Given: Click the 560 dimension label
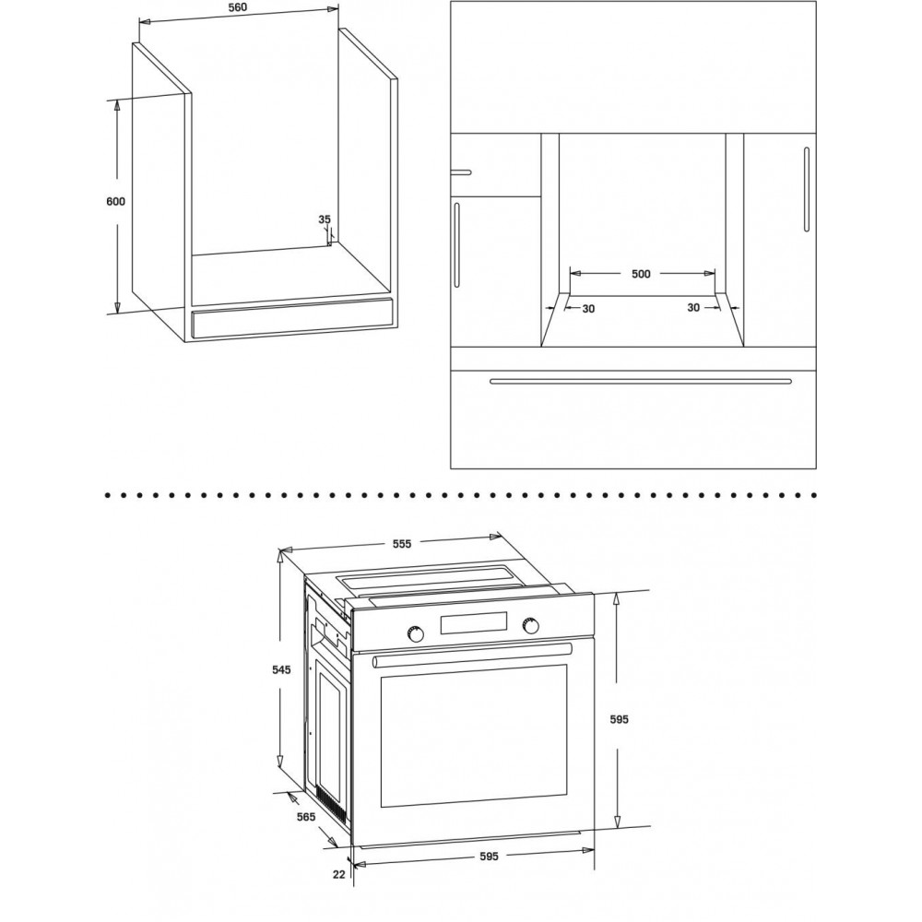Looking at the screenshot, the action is [x=238, y=7].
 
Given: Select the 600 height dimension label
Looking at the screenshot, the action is [x=116, y=202].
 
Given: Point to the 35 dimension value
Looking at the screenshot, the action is [x=325, y=219].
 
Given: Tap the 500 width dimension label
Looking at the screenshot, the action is [x=641, y=274].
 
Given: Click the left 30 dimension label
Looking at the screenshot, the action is [x=588, y=309].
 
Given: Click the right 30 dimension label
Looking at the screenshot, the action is [x=693, y=308].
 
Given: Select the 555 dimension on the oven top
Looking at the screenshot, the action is [x=402, y=544].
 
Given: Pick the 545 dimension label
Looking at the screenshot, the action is [x=281, y=669].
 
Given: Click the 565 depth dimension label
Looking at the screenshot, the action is [x=306, y=817].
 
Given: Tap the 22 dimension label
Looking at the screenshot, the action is [x=338, y=874].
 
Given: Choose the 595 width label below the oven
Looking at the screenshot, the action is [x=489, y=857].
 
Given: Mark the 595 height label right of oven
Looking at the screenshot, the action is [x=620, y=719].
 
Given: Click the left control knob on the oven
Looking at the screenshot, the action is [x=415, y=633].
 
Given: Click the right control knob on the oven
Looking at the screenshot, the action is [x=531, y=626].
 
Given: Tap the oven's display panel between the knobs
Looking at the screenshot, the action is [x=473, y=623].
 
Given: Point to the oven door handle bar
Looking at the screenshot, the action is [x=472, y=655].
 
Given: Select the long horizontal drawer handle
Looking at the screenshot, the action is [x=641, y=381].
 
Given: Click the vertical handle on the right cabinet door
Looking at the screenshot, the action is [x=807, y=189].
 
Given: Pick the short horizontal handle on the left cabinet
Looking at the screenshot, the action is [x=461, y=172].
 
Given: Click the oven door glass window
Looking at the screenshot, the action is [x=474, y=736].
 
